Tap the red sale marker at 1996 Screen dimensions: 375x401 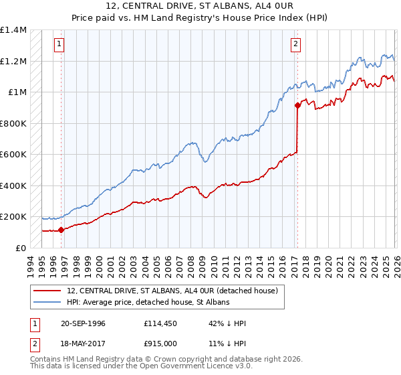coord(61,230)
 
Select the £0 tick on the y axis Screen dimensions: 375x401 coord(20,248)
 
